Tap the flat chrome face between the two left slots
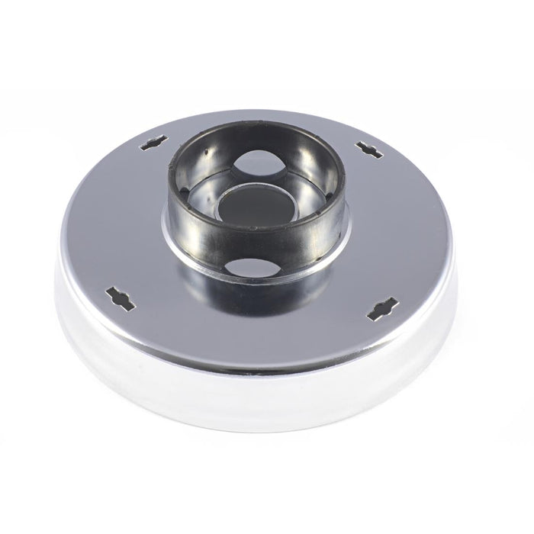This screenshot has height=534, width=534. point(122,221)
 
